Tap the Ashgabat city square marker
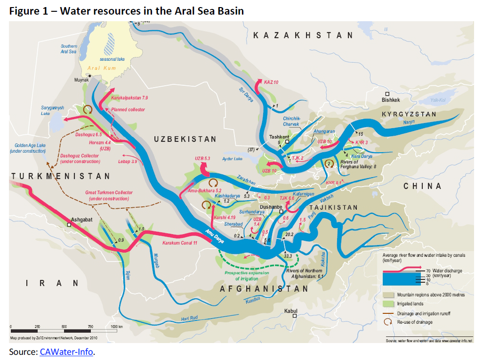69,225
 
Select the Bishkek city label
391,100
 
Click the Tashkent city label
279,137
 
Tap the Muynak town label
81,80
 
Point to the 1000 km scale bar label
116,327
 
